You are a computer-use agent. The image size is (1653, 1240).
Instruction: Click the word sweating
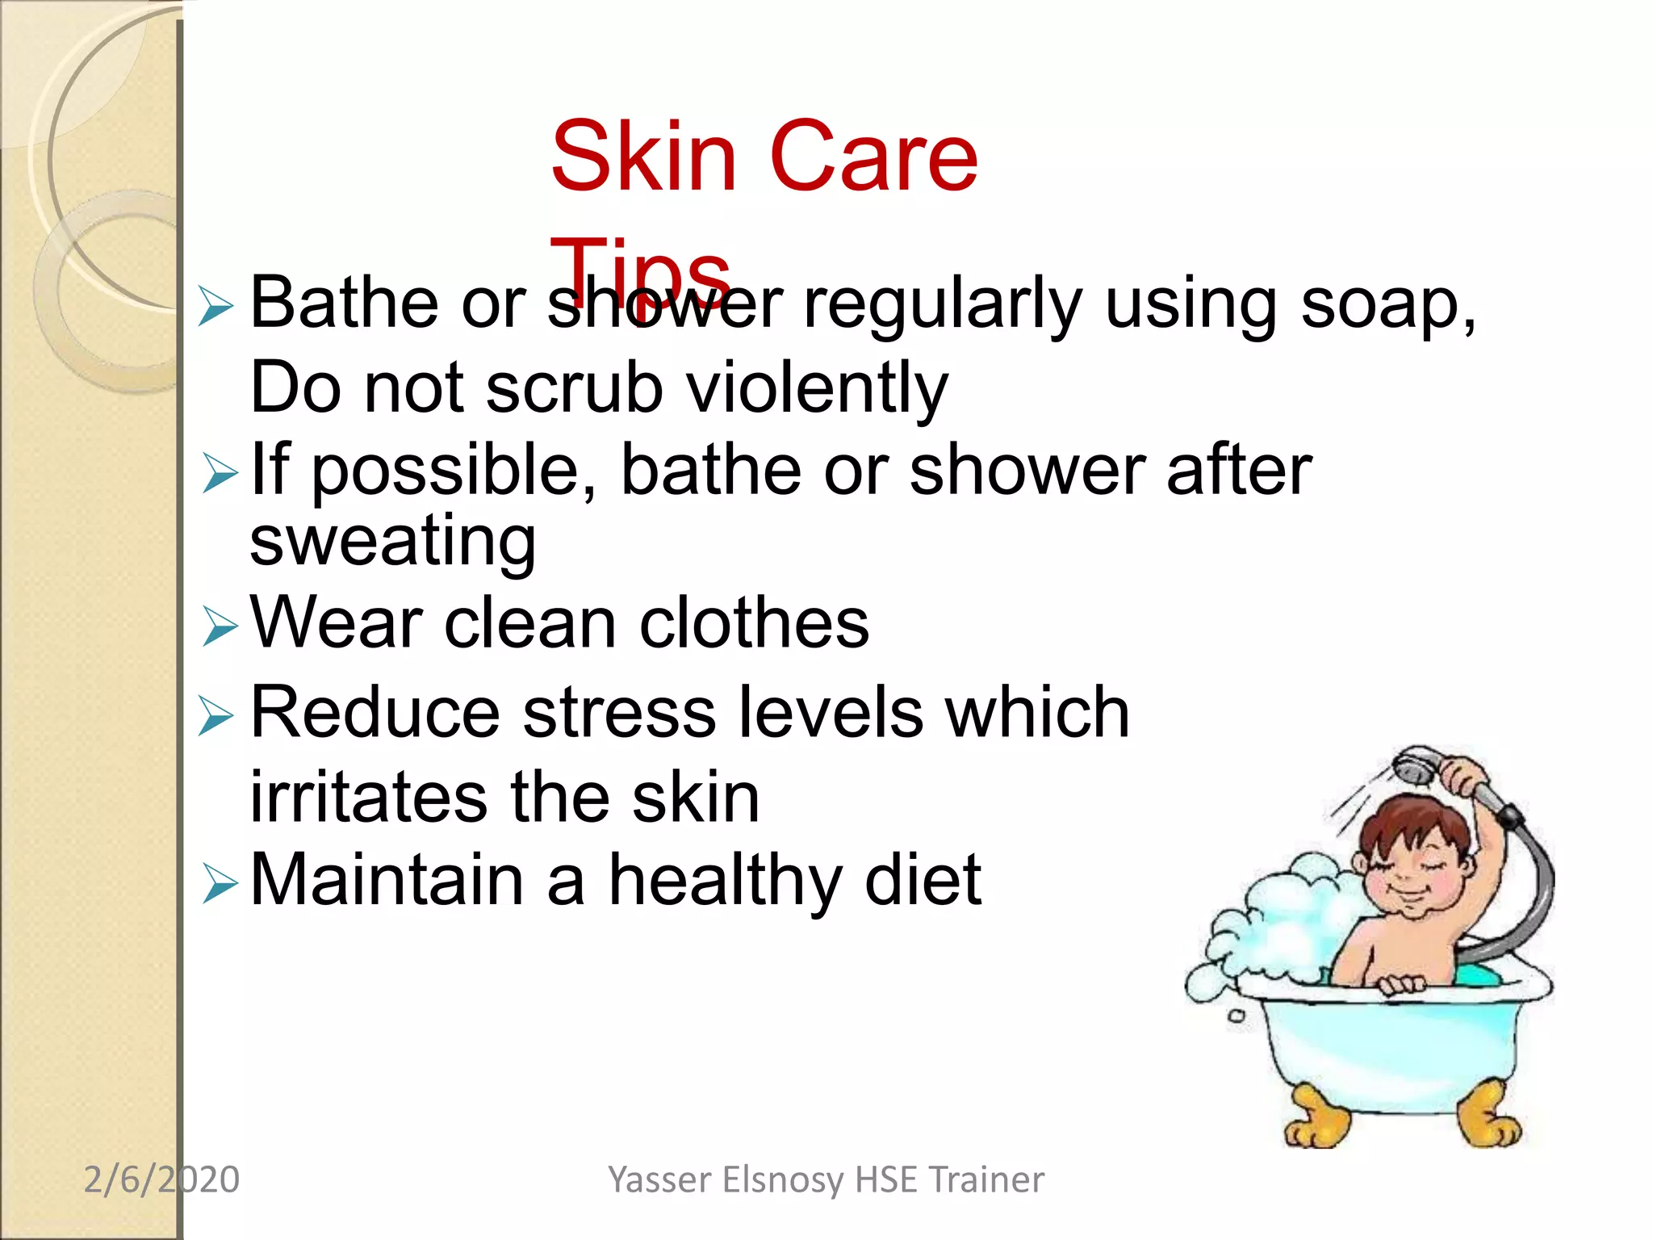point(392,541)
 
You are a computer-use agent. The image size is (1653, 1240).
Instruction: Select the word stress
point(619,713)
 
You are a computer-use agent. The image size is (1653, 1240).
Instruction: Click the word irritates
point(369,798)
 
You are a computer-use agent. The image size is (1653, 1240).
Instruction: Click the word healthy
point(724,880)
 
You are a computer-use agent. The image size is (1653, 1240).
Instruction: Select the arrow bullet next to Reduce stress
point(216,715)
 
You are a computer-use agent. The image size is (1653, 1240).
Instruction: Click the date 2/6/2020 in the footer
point(161,1179)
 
